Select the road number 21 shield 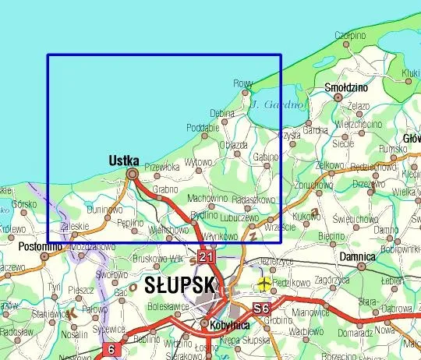pos(205,256)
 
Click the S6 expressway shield pos(262,309)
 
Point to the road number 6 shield pos(111,350)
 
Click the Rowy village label pos(243,84)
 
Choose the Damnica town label pos(358,256)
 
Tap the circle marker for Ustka pos(132,173)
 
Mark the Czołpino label pos(350,35)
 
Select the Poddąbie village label pos(202,128)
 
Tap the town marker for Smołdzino pos(337,97)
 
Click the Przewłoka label pos(162,166)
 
